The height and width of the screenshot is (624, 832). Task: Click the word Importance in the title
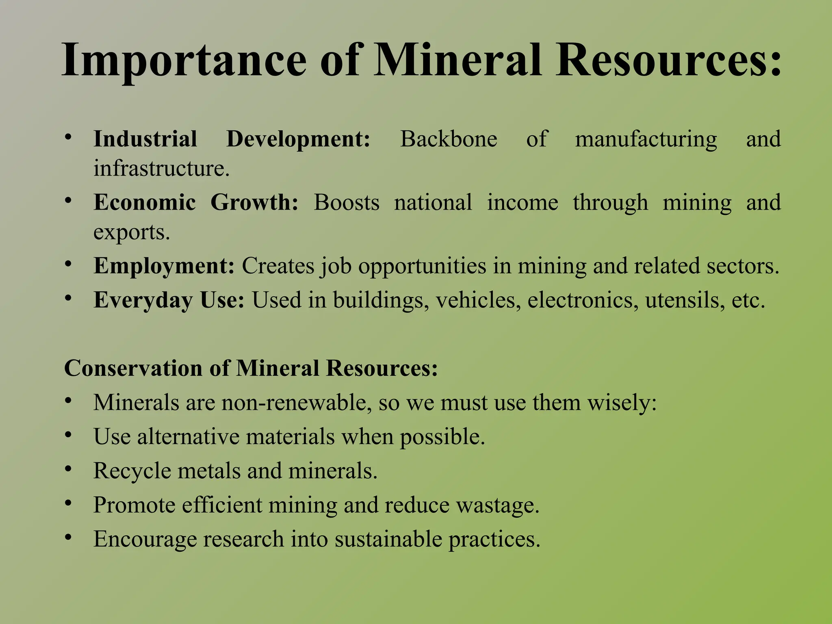click(x=184, y=61)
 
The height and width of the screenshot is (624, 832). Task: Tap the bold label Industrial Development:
click(x=232, y=139)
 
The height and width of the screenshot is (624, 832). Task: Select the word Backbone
click(x=448, y=139)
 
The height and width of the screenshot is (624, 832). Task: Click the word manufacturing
click(x=646, y=139)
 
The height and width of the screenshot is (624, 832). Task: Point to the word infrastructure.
click(x=161, y=168)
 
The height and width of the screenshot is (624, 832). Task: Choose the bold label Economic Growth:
click(x=196, y=202)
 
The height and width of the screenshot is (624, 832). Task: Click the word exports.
click(x=131, y=232)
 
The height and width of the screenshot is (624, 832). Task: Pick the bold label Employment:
click(x=164, y=266)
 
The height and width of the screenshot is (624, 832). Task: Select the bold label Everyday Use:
click(x=169, y=300)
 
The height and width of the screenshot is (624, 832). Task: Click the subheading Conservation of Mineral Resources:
click(x=251, y=368)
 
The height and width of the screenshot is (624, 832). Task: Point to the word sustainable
click(x=388, y=539)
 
